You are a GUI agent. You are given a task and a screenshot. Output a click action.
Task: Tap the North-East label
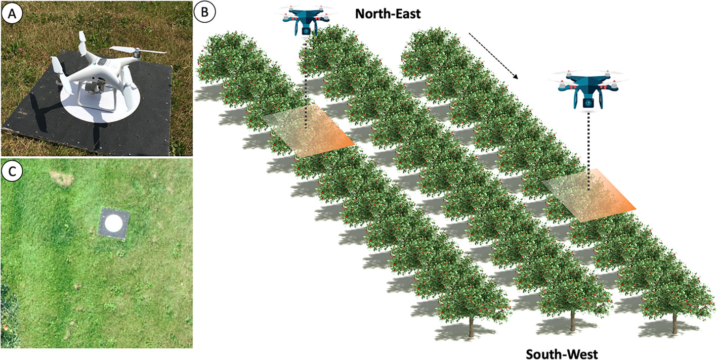coord(388,13)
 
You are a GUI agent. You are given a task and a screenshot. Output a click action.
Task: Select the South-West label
coord(562,353)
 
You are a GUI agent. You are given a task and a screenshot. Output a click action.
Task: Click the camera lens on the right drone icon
coord(588,103)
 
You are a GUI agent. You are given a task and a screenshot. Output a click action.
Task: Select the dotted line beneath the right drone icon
coord(588,152)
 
